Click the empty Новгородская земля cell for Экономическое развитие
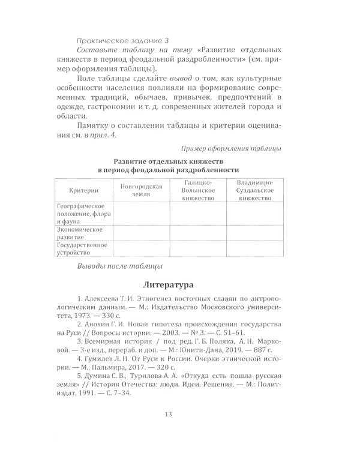coord(142,233)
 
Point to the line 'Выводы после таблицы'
coord(120,266)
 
